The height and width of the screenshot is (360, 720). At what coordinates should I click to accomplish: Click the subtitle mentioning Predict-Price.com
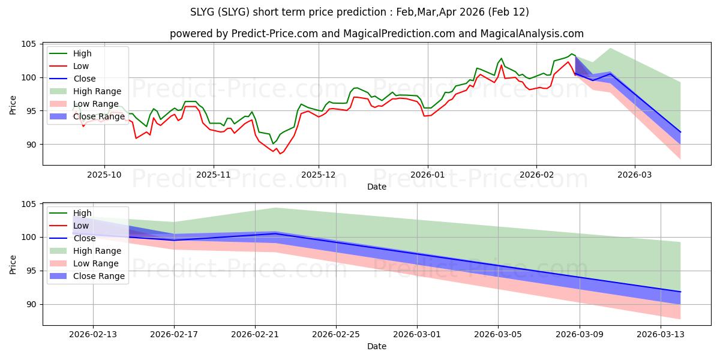(x=376, y=34)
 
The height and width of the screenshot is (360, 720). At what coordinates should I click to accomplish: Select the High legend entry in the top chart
(x=82, y=53)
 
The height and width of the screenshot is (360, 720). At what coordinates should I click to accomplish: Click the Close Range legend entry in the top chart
(x=99, y=116)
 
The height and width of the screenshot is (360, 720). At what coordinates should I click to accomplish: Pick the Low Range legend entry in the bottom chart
(x=97, y=263)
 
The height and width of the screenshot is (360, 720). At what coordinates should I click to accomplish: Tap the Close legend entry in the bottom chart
(x=84, y=238)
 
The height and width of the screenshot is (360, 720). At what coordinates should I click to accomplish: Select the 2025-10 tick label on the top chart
(x=104, y=175)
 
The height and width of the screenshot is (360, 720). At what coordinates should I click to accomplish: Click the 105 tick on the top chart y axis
(x=29, y=44)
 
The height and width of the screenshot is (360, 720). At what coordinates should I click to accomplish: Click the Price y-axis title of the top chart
(x=13, y=104)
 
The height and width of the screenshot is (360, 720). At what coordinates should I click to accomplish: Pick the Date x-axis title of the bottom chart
(x=376, y=346)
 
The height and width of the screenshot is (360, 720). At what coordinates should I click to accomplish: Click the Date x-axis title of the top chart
(x=376, y=187)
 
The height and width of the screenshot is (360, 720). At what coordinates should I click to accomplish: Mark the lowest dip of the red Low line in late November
(x=280, y=154)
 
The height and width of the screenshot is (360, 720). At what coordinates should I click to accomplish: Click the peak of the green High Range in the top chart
(x=610, y=48)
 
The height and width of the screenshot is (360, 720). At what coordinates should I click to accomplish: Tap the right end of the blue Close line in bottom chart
(x=680, y=292)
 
